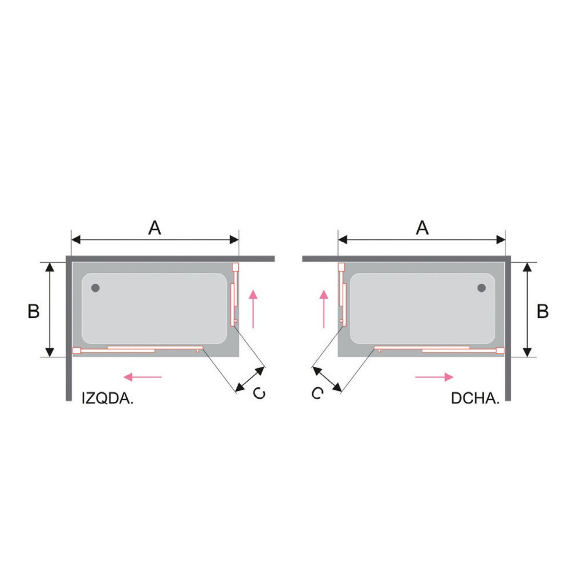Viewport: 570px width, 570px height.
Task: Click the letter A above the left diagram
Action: tap(155, 228)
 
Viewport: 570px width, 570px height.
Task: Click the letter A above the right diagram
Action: tap(422, 228)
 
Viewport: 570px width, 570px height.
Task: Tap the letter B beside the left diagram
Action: tap(34, 311)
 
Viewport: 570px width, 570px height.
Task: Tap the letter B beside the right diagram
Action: tap(543, 311)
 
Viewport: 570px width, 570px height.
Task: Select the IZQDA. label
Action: tap(108, 398)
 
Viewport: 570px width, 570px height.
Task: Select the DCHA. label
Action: tap(475, 398)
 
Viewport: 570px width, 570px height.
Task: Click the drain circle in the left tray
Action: tap(95, 288)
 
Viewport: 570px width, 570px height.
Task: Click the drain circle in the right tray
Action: tap(482, 288)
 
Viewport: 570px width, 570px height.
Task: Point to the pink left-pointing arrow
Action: tap(142, 377)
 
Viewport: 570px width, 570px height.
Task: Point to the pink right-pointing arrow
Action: tap(434, 377)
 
